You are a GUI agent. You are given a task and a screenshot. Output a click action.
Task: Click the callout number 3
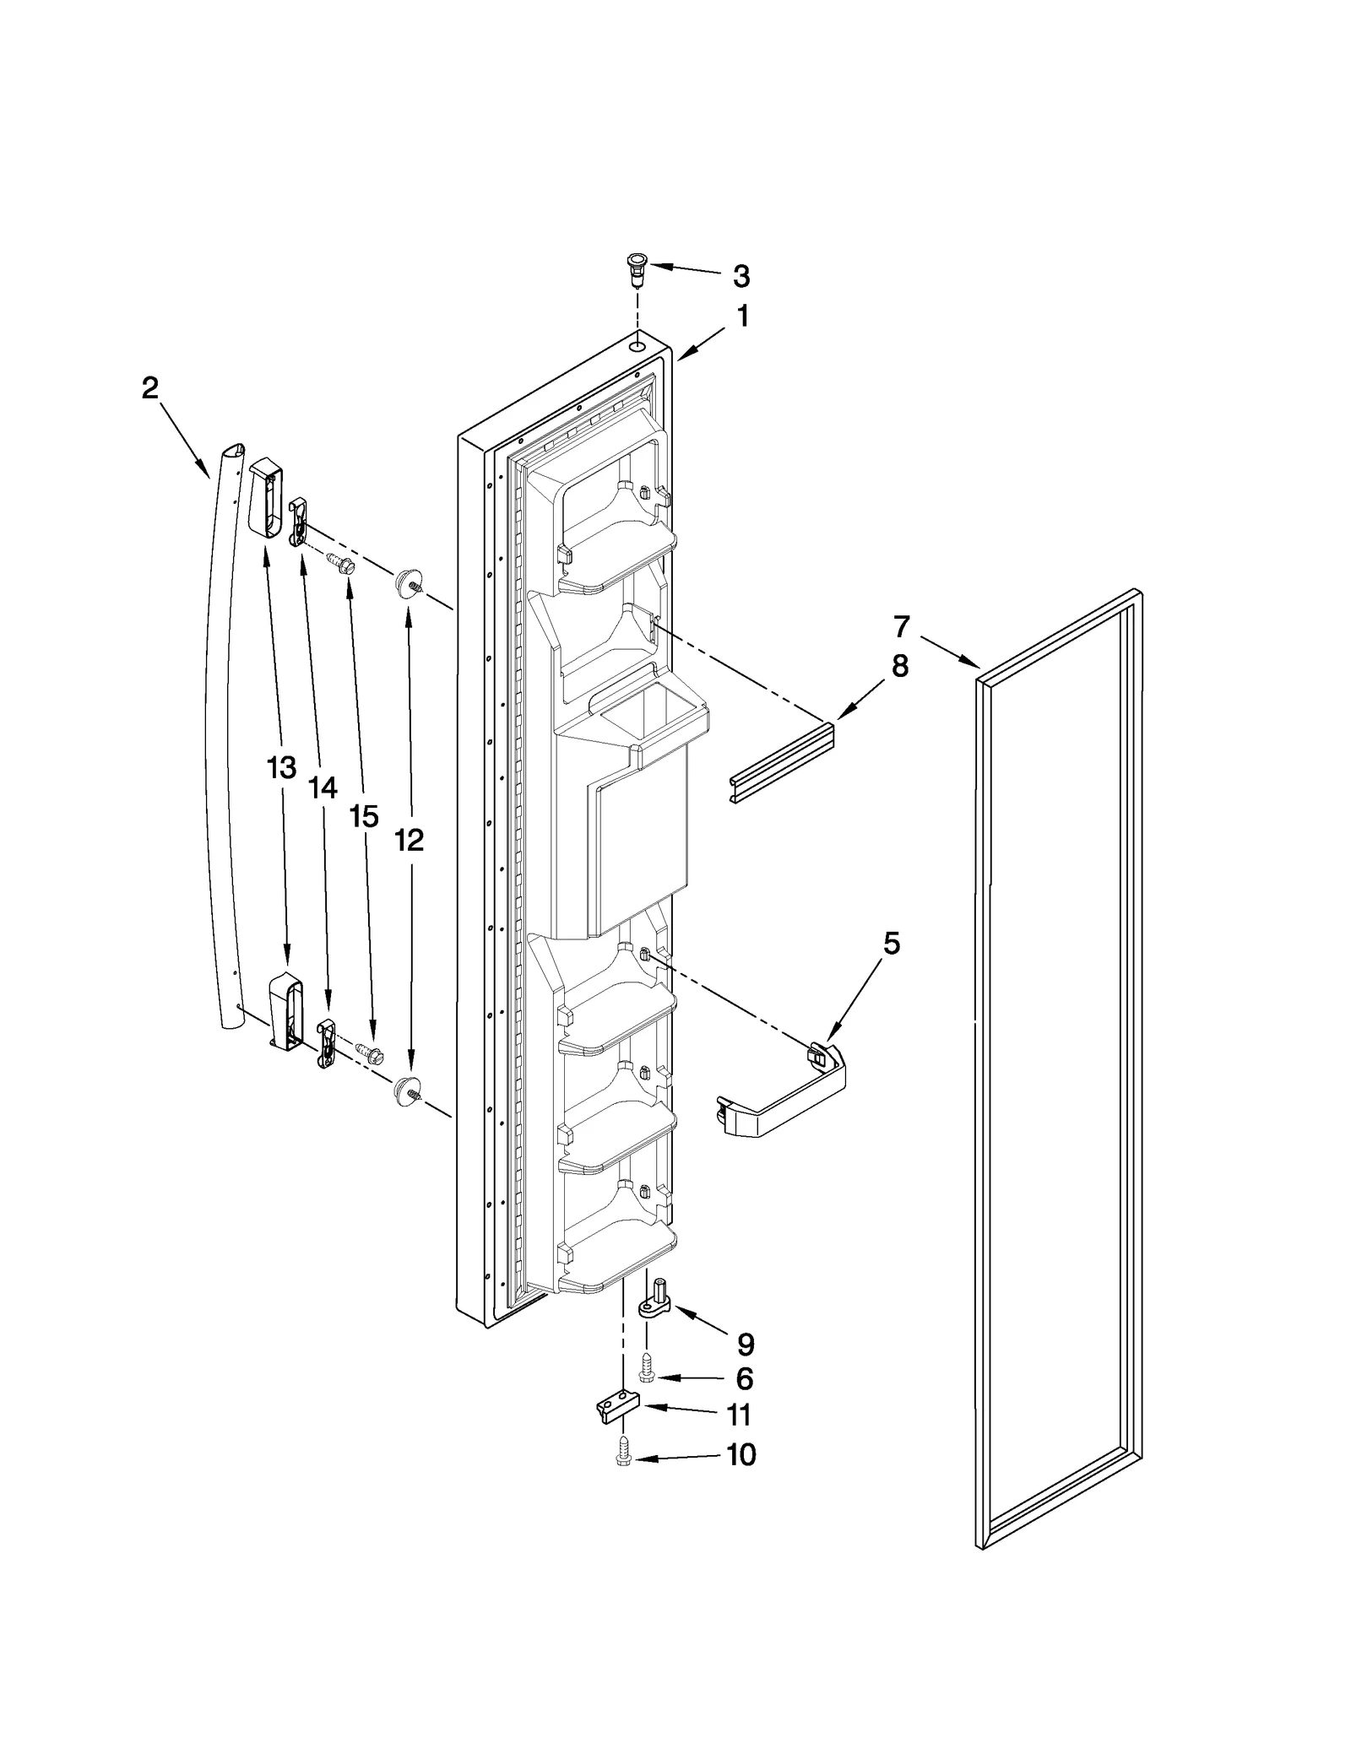[x=741, y=276]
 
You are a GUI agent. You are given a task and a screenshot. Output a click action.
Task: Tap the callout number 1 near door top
[x=743, y=317]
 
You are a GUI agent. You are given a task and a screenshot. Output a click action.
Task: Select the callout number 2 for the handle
[x=149, y=388]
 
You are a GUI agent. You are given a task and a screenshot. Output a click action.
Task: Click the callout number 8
[x=900, y=666]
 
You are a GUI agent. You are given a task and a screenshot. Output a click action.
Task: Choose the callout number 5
[x=892, y=944]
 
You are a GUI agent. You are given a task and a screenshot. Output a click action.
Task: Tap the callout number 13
[x=281, y=767]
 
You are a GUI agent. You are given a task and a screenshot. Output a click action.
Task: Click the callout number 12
[x=410, y=840]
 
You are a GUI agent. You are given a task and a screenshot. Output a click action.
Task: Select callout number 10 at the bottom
[x=741, y=1455]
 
